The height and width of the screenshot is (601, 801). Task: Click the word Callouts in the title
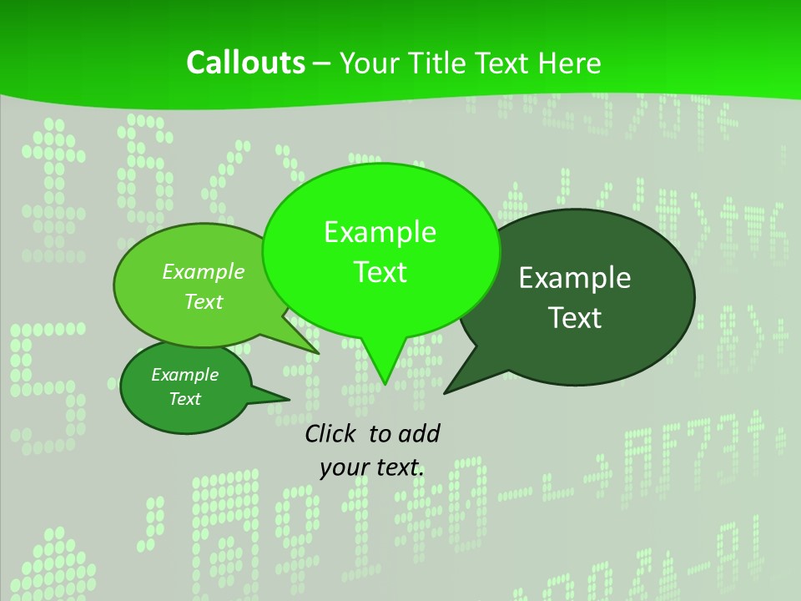(x=246, y=63)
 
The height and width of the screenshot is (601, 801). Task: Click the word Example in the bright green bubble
(x=380, y=232)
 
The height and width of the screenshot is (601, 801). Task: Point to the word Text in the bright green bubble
(x=380, y=272)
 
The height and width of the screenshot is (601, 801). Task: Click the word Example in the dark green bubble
(x=575, y=278)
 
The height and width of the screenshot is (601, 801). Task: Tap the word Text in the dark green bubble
(x=575, y=318)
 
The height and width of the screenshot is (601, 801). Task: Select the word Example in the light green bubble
(x=204, y=271)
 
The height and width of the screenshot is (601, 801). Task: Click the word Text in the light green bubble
(x=204, y=301)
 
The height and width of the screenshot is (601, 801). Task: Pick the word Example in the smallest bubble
(x=184, y=375)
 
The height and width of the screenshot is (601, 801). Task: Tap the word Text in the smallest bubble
(x=184, y=399)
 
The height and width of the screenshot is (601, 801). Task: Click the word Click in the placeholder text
(x=331, y=433)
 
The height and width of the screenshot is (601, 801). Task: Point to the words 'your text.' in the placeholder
(x=372, y=467)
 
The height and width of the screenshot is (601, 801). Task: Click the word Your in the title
(x=370, y=63)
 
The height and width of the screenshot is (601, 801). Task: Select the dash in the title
(x=323, y=63)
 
